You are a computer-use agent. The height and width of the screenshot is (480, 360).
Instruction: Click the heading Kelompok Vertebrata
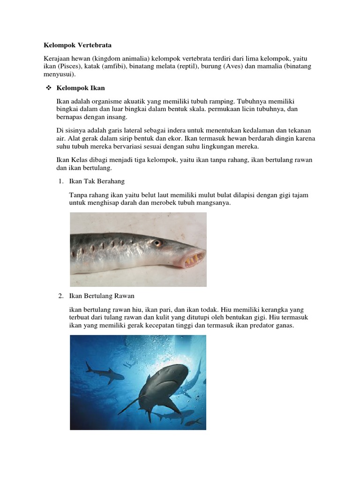click(x=78, y=45)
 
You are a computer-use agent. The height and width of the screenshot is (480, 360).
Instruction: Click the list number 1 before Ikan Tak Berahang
click(x=60, y=181)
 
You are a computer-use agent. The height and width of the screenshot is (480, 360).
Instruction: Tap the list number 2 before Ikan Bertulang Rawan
click(x=60, y=296)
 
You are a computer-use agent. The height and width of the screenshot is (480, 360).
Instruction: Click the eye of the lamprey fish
click(x=157, y=243)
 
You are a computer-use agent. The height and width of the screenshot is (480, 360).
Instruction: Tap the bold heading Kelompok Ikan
click(x=81, y=88)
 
